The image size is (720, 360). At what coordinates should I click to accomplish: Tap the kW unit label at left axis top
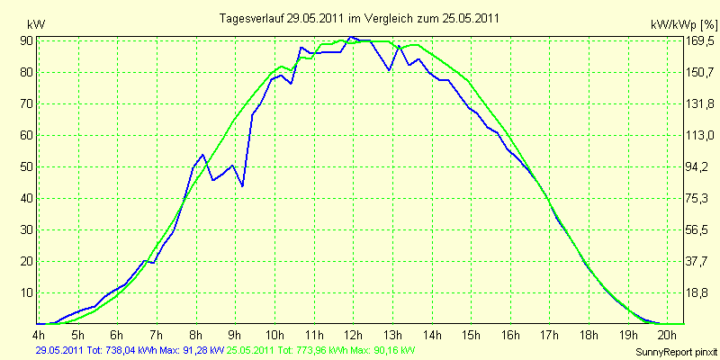click(x=36, y=24)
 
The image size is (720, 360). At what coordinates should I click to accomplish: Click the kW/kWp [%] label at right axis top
click(x=683, y=24)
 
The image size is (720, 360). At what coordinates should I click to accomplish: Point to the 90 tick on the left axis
click(x=26, y=40)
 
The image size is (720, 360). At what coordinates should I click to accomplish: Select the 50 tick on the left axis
click(x=26, y=166)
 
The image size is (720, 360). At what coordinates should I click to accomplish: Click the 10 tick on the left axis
click(x=26, y=293)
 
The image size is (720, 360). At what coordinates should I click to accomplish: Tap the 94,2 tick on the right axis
click(x=697, y=166)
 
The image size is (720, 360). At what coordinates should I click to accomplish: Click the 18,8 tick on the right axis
click(x=697, y=293)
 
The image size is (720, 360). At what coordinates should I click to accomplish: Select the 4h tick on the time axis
click(x=39, y=334)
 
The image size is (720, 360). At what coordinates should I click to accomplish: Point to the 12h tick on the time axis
click(x=353, y=334)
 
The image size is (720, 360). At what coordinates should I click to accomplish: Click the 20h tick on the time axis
click(x=668, y=334)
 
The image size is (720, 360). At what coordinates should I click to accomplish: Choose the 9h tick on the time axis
click(x=235, y=334)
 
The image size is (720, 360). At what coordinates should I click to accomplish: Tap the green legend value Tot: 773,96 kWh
click(x=316, y=351)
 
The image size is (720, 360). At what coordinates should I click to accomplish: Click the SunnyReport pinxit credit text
click(x=676, y=352)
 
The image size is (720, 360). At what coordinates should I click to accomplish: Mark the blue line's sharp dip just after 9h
click(x=242, y=186)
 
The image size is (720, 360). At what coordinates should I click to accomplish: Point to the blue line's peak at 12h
click(x=351, y=36)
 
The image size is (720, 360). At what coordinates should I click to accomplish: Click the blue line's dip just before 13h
click(x=389, y=70)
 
